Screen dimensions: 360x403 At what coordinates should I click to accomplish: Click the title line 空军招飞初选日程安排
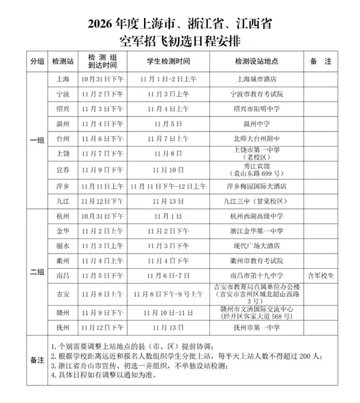179,40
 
